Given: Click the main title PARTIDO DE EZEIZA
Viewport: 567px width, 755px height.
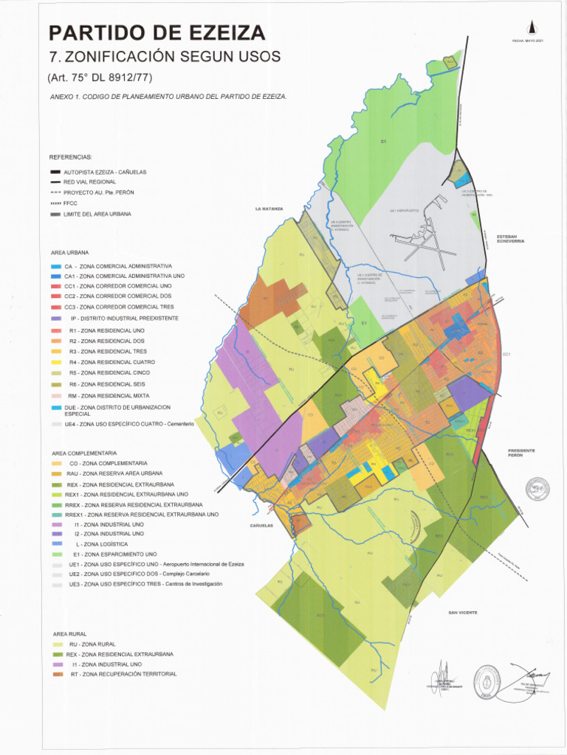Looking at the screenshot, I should pos(157,33).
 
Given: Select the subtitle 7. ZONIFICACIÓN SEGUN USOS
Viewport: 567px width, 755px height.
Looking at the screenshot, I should pos(164,58).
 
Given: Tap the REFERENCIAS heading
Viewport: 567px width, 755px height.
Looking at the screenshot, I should pos(71,157).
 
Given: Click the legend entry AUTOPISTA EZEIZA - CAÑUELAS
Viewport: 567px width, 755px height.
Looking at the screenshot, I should pos(105,172).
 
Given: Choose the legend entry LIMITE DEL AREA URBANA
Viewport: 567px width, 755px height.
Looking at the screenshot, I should pos(97,214).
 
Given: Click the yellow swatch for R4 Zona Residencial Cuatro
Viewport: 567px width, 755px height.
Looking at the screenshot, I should pos(56,362).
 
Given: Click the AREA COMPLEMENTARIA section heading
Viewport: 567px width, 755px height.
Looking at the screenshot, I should pos(84,453).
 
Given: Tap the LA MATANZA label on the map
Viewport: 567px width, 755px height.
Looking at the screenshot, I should pos(269,209).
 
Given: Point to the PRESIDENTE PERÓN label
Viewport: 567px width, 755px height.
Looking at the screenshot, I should pos(521,453).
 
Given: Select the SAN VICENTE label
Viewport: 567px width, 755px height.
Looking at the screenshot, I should pos(463,613).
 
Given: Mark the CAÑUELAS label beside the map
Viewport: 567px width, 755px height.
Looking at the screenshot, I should pos(262,526).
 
